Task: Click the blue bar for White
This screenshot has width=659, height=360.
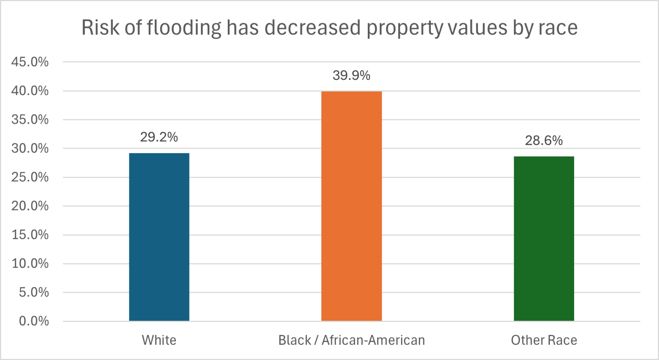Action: pos(159,237)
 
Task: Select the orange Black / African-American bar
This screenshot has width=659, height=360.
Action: pos(351,206)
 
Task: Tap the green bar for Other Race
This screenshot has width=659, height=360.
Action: pos(544,238)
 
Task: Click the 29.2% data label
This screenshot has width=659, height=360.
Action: pos(159,137)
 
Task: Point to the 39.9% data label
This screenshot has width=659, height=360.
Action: pos(351,75)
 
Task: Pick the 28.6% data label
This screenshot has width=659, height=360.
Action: pos(544,141)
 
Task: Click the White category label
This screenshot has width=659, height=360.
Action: pos(159,340)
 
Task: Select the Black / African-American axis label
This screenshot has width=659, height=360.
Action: pos(351,340)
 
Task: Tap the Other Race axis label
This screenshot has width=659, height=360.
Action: pos(544,340)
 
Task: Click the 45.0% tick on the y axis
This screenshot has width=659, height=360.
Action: pos(30,62)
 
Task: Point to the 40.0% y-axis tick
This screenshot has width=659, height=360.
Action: pos(30,91)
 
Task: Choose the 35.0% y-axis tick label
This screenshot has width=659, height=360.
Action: pos(30,120)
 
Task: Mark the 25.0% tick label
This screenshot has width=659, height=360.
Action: pos(30,178)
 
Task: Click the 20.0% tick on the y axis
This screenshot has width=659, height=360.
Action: pos(30,206)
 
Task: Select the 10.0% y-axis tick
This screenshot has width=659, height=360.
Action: pos(30,264)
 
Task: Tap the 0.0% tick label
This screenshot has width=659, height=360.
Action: pos(34,321)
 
